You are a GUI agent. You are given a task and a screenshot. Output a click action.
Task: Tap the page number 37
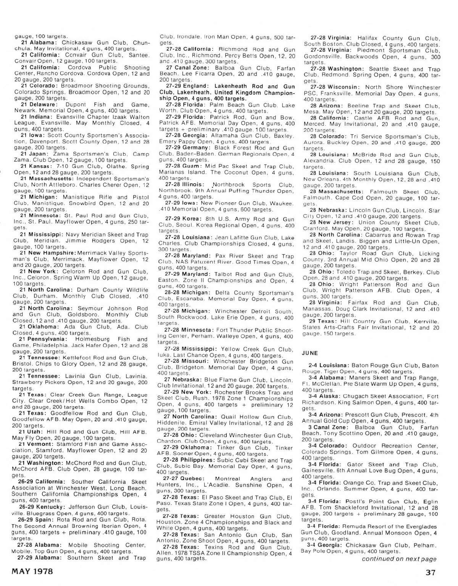tap(434, 572)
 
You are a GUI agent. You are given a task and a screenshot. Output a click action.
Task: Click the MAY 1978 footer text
tap(32, 572)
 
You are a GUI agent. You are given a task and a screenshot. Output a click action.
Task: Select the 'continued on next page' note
tap(399, 559)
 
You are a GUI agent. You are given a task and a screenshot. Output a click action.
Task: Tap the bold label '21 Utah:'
tap(31, 432)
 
